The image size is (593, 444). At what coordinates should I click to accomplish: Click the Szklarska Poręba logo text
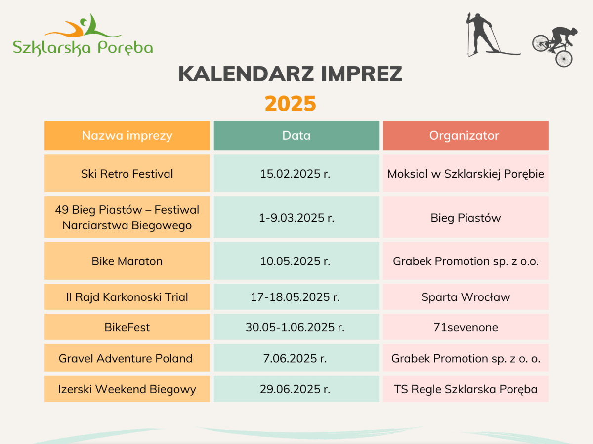[x=83, y=48]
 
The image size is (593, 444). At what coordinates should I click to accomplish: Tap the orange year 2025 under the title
[x=291, y=104]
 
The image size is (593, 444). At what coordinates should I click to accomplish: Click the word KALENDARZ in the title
[x=246, y=74]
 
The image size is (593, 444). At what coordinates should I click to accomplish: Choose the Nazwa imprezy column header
[x=127, y=135]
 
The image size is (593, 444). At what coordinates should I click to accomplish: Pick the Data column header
[x=296, y=135]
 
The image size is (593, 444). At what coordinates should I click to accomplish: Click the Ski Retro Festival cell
[x=127, y=173]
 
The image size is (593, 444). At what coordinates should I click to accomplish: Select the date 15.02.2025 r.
[x=295, y=174]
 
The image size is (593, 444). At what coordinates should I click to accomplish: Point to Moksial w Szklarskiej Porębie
[x=466, y=174]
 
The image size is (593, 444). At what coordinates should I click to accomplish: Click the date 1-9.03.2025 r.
[x=296, y=218]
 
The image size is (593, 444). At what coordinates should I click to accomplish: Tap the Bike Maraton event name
[x=127, y=261]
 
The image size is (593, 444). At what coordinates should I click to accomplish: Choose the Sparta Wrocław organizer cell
[x=466, y=297]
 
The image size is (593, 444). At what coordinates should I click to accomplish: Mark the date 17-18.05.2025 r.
[x=295, y=297]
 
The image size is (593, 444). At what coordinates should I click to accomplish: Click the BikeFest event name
[x=127, y=327]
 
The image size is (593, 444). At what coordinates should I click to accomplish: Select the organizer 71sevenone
[x=466, y=327]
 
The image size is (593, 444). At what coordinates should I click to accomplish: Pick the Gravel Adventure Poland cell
[x=127, y=358]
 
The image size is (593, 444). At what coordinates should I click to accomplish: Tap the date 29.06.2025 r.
[x=295, y=389]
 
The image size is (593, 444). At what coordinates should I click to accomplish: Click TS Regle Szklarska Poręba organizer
[x=466, y=390]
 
